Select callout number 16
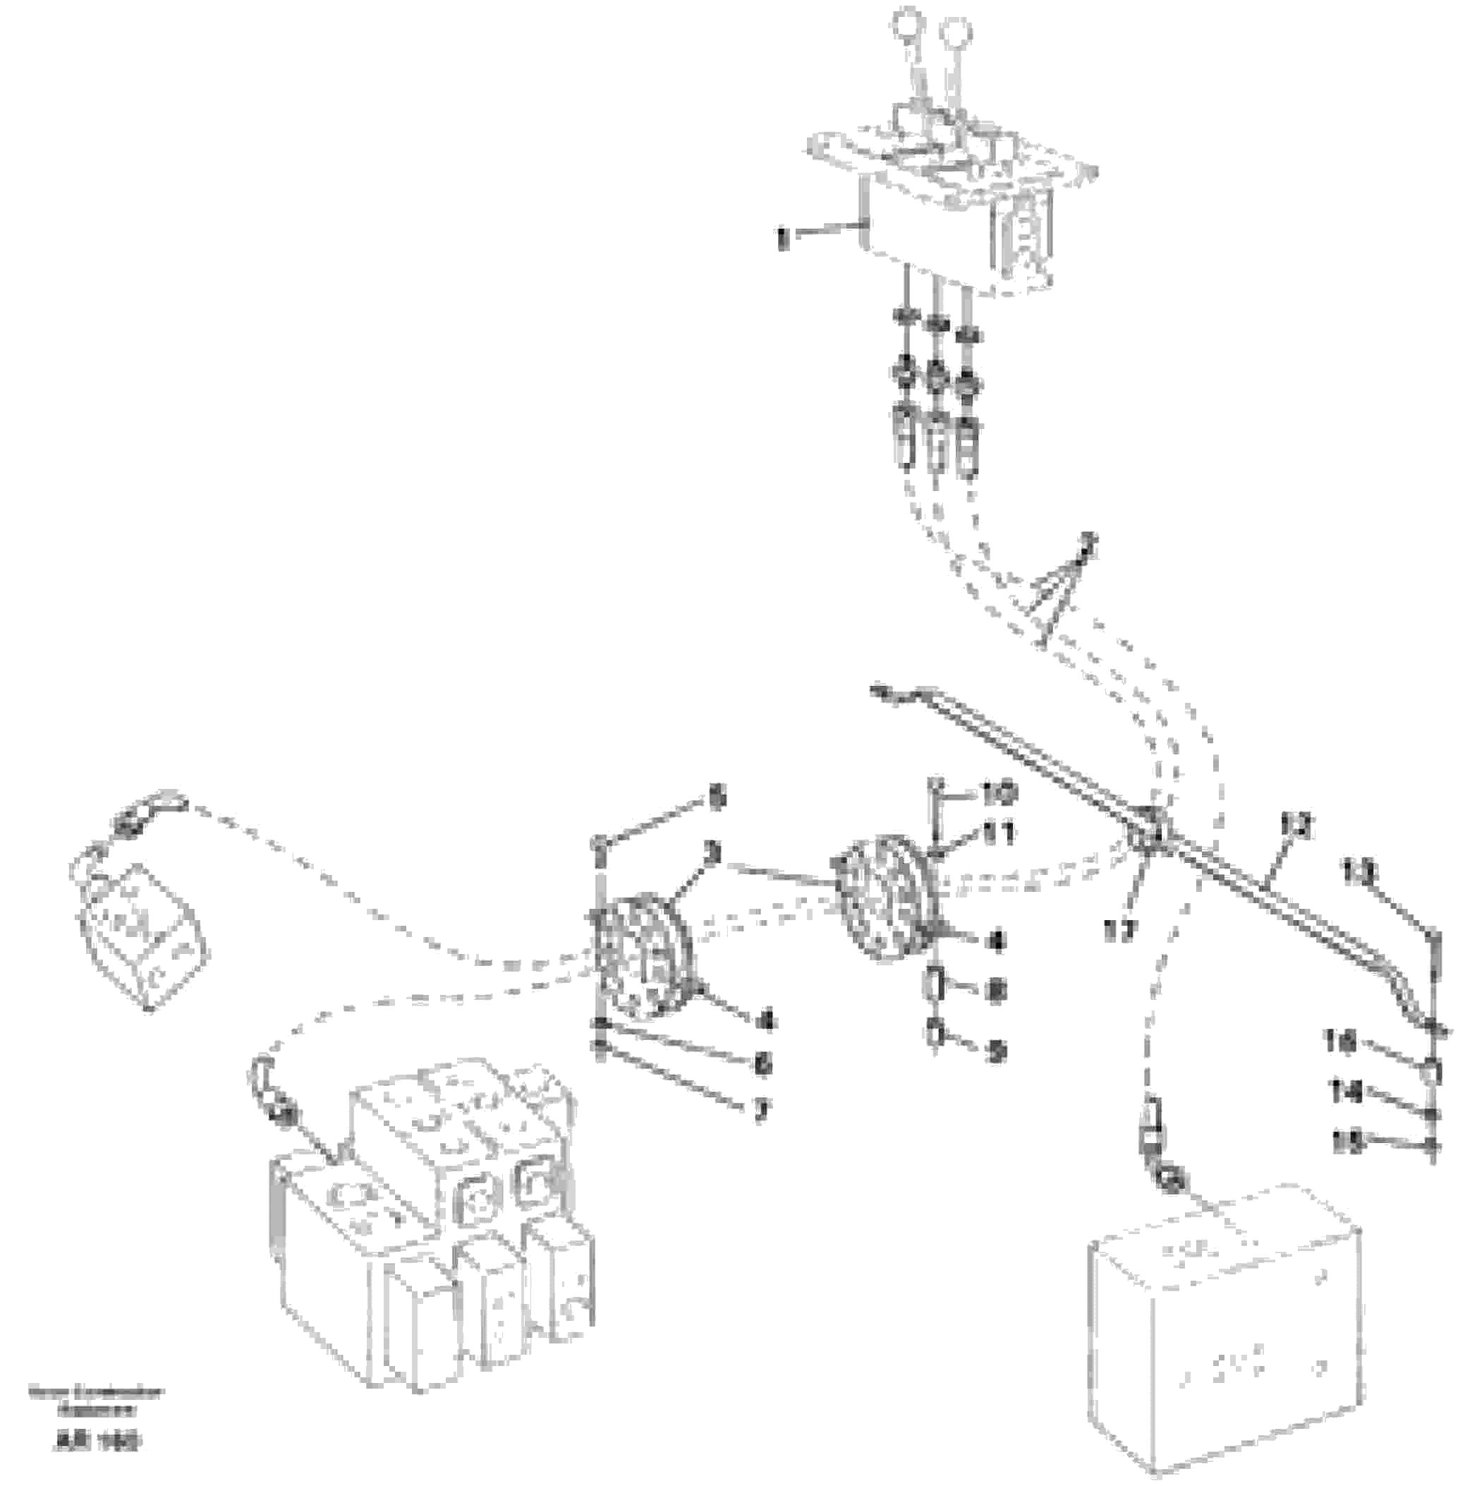coord(1342,1041)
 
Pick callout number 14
coord(1346,1091)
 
